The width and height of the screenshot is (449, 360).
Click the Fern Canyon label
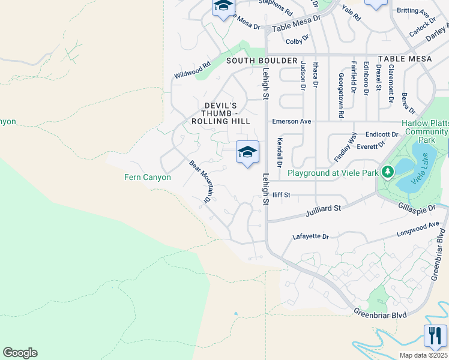148,177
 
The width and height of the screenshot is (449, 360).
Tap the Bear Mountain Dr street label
201,181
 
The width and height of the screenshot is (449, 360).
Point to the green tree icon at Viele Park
388,173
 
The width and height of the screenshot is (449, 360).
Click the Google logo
20,353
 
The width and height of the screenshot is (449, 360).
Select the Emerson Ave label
292,121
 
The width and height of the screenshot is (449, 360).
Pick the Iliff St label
280,195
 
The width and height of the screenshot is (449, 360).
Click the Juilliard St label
323,208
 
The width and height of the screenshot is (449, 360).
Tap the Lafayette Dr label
311,237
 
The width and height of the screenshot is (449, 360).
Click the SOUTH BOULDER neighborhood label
262,61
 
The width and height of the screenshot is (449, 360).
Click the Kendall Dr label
279,152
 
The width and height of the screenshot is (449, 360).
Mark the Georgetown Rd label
340,95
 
